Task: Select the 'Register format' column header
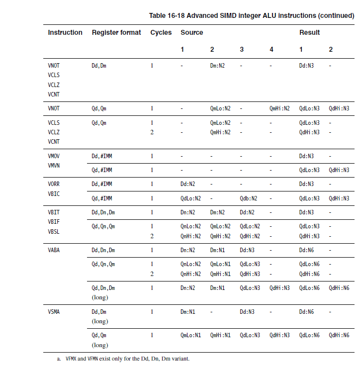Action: tap(116, 33)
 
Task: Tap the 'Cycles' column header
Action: tap(161, 33)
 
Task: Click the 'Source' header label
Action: tap(191, 33)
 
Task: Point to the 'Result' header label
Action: tap(309, 33)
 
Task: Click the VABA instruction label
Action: tap(54, 250)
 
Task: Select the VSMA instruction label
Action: tap(54, 312)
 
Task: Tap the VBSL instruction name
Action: tap(54, 231)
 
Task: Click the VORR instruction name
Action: tap(54, 184)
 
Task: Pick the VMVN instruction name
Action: tap(54, 166)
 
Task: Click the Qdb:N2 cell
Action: tap(249, 198)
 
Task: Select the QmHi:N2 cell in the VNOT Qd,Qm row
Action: tap(279, 108)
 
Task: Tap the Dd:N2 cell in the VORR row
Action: tap(188, 184)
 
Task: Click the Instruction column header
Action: tap(65, 33)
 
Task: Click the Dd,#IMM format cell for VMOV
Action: tap(102, 156)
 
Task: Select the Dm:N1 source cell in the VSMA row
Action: tap(188, 312)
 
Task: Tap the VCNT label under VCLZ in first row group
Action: tap(54, 94)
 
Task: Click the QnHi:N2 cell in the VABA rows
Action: tap(190, 274)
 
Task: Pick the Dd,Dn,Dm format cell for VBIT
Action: tap(103, 212)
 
